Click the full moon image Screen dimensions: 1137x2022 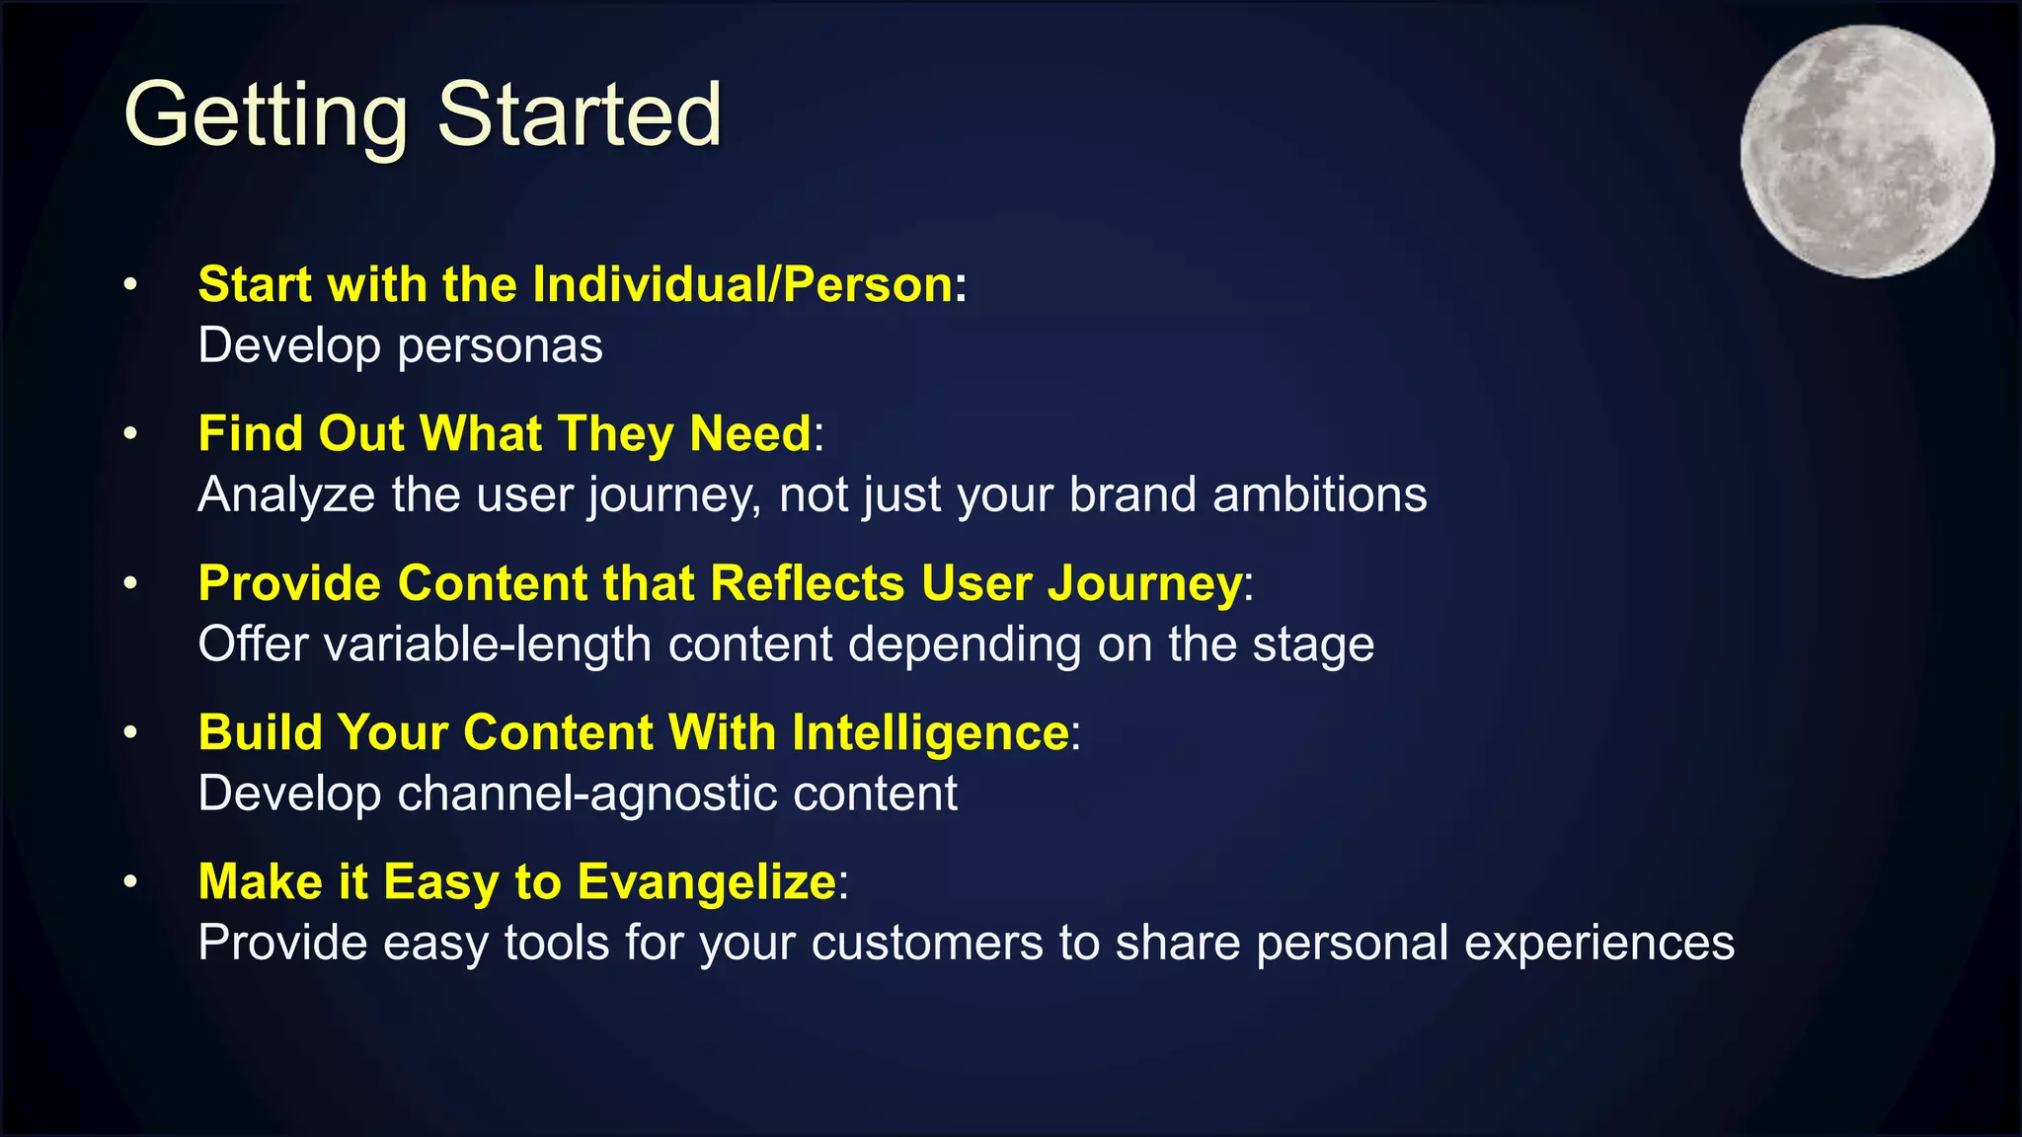[x=1867, y=151]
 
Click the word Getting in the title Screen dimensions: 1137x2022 [x=265, y=115]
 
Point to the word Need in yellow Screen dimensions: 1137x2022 [x=750, y=433]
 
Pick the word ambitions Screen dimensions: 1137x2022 [x=1319, y=494]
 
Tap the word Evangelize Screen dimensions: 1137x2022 [x=707, y=881]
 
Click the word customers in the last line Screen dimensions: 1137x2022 [x=927, y=943]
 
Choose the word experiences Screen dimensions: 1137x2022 [x=1598, y=943]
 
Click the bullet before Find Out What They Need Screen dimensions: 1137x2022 [x=130, y=434]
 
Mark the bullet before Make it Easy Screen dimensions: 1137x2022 [x=130, y=882]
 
